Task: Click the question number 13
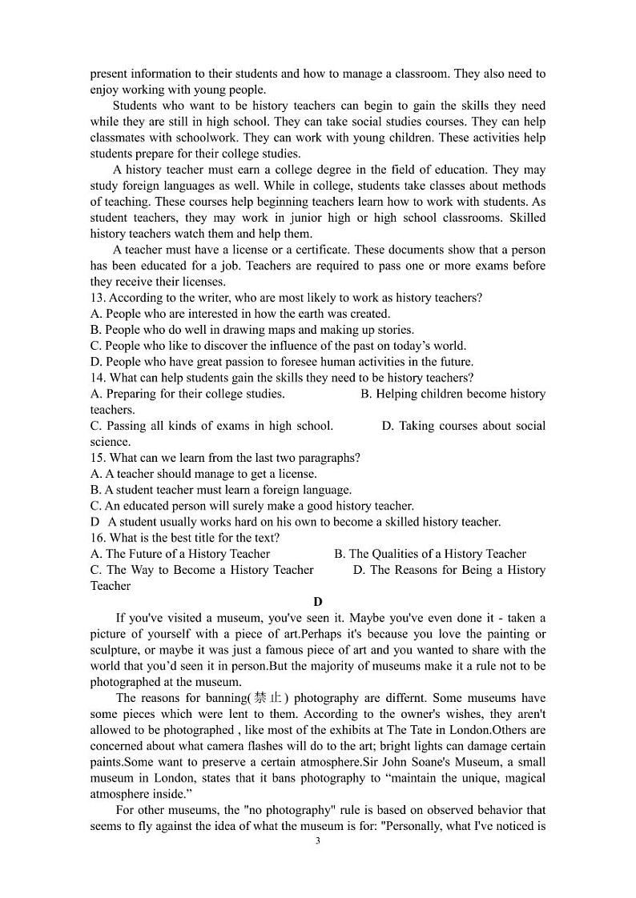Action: point(97,298)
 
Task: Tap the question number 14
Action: point(97,378)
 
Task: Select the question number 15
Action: point(97,458)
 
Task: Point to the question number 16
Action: point(97,538)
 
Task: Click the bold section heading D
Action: point(318,602)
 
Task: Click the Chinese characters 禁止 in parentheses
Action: point(267,698)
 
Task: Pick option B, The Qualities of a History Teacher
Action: point(430,554)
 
